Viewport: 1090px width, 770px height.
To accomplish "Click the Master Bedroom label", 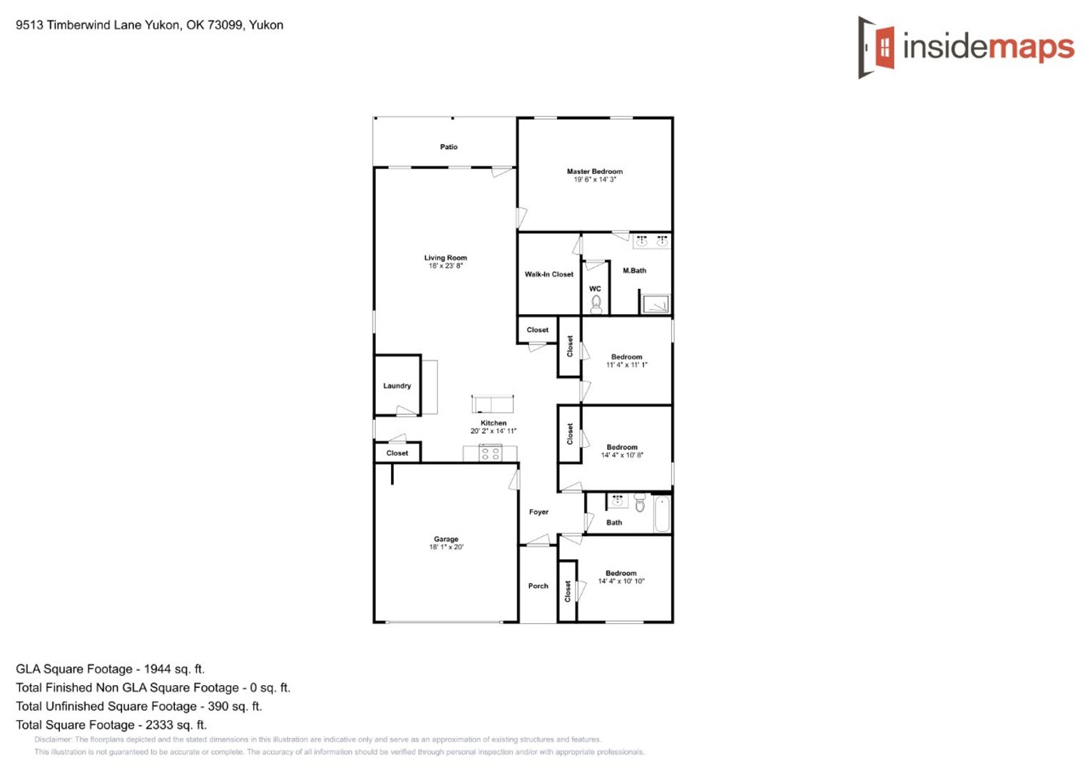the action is click(x=595, y=171).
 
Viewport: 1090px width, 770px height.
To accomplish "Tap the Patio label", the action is click(x=449, y=147).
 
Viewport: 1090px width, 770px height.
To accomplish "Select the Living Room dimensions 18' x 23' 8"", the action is click(x=446, y=266).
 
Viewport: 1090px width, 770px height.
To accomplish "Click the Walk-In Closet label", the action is click(x=549, y=274).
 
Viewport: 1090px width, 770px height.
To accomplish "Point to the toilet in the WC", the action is click(x=596, y=305).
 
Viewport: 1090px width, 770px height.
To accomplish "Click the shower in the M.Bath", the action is click(x=656, y=304).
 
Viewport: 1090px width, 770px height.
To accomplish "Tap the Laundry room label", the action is click(x=397, y=386).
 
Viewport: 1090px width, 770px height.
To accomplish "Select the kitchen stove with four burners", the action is click(x=491, y=453).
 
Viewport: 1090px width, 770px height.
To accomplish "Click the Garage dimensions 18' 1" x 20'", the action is click(x=447, y=547).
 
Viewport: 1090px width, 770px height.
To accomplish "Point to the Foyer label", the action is click(x=539, y=512).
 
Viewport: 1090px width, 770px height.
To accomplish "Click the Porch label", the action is click(x=538, y=585).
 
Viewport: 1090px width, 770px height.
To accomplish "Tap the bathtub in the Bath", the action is click(x=662, y=513).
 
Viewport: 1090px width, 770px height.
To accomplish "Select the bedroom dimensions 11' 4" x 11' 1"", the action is click(x=627, y=365).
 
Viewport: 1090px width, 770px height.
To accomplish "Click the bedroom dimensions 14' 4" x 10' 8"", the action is click(x=622, y=456).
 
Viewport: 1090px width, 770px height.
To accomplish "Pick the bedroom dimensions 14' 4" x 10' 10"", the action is click(x=621, y=581).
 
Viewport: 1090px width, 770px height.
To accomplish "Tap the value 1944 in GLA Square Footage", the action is click(x=157, y=669).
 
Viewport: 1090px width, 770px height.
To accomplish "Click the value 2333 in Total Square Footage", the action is click(x=160, y=725).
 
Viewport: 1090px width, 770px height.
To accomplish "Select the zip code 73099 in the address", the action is click(x=225, y=25).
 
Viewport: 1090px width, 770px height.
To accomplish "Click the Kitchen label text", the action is click(x=494, y=423).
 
